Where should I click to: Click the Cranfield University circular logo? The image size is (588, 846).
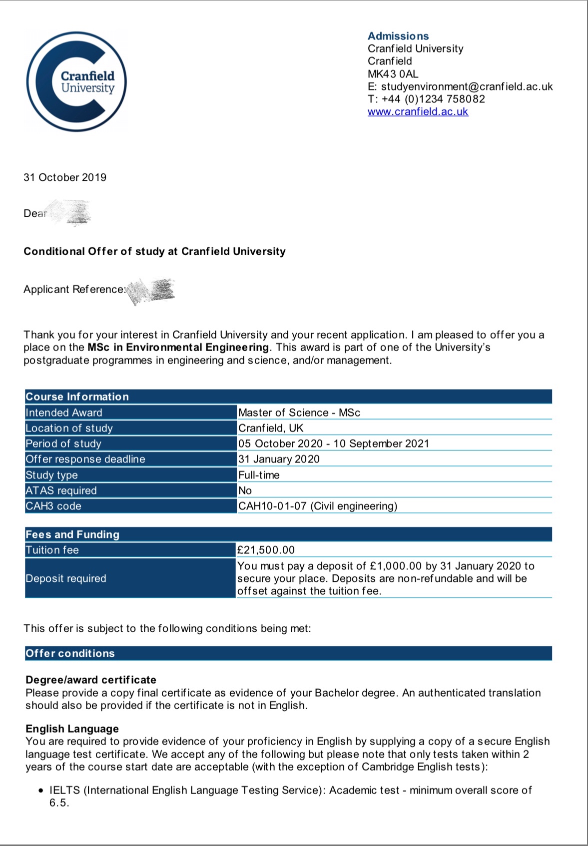(x=76, y=81)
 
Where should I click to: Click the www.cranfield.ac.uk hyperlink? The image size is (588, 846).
(x=418, y=111)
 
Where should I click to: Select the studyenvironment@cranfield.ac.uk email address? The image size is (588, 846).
(x=467, y=86)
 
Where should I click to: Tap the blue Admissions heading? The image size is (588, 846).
(x=398, y=36)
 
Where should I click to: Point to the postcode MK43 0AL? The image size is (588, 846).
(x=393, y=74)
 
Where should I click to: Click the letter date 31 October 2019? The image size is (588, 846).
(x=65, y=177)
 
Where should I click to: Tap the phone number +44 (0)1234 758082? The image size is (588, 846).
(x=433, y=99)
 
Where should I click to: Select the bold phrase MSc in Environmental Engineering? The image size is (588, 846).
(x=178, y=347)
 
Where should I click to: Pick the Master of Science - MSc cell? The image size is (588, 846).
(x=299, y=413)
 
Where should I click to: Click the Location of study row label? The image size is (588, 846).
(x=69, y=428)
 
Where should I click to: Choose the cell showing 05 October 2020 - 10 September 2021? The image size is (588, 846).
(x=333, y=443)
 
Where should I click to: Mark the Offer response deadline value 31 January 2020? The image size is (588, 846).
(x=279, y=459)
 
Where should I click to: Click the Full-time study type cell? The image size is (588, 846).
(x=259, y=475)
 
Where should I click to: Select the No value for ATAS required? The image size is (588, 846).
(x=245, y=490)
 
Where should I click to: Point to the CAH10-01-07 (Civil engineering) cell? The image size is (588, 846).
(x=318, y=506)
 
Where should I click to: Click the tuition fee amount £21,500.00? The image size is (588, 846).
(x=266, y=550)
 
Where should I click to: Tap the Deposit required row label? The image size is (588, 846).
(x=66, y=578)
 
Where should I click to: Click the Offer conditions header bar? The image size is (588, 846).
(x=288, y=653)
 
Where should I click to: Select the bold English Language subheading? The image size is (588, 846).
(x=72, y=729)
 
